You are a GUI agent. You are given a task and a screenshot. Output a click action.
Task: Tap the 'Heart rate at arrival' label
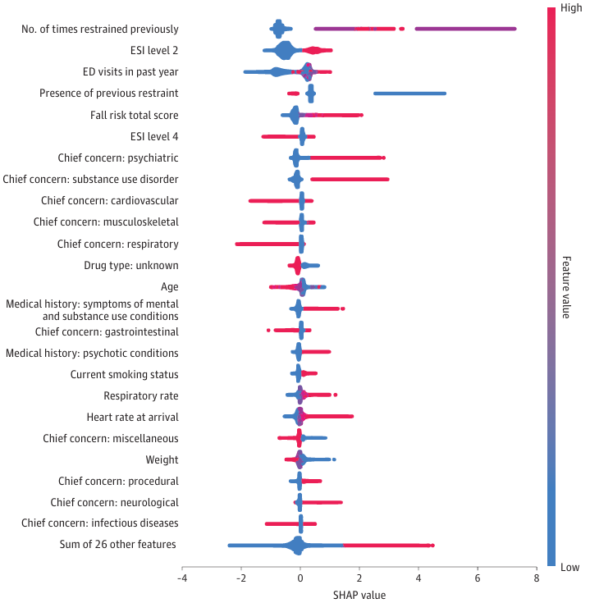pos(132,418)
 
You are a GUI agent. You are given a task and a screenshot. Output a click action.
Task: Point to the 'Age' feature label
pos(170,287)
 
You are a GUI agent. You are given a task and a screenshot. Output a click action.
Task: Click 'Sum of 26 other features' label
pos(118,545)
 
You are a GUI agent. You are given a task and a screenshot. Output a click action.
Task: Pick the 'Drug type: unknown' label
pos(131,266)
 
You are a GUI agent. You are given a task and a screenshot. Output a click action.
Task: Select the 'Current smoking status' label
pos(125,375)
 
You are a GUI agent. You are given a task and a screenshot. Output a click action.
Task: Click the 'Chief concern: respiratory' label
pos(117,244)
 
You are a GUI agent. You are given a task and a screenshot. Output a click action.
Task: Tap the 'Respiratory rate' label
pos(141,396)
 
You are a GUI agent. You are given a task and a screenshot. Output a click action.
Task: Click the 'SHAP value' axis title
pos(359,594)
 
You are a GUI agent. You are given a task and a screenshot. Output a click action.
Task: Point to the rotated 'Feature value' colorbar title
pos(566,287)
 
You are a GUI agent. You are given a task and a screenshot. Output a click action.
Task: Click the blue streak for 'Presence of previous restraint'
pos(409,94)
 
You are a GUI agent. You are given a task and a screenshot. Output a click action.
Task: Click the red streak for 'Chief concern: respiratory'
pos(267,244)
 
